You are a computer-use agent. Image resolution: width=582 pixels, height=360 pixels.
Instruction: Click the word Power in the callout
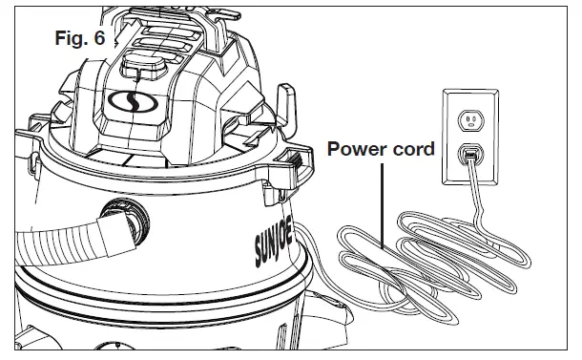[x=355, y=149]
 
